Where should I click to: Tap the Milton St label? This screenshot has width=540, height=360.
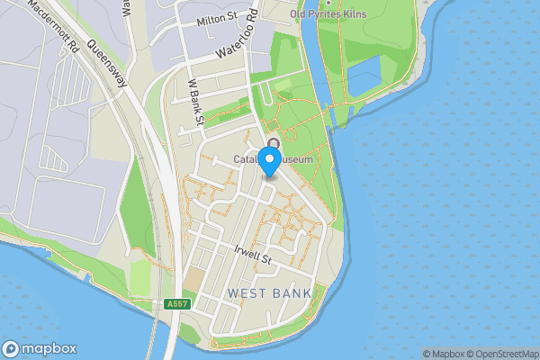(x=217, y=17)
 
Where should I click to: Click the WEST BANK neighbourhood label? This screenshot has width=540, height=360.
(x=269, y=293)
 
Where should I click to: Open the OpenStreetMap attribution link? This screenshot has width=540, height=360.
(x=499, y=354)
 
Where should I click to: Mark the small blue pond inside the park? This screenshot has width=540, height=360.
(x=364, y=80)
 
